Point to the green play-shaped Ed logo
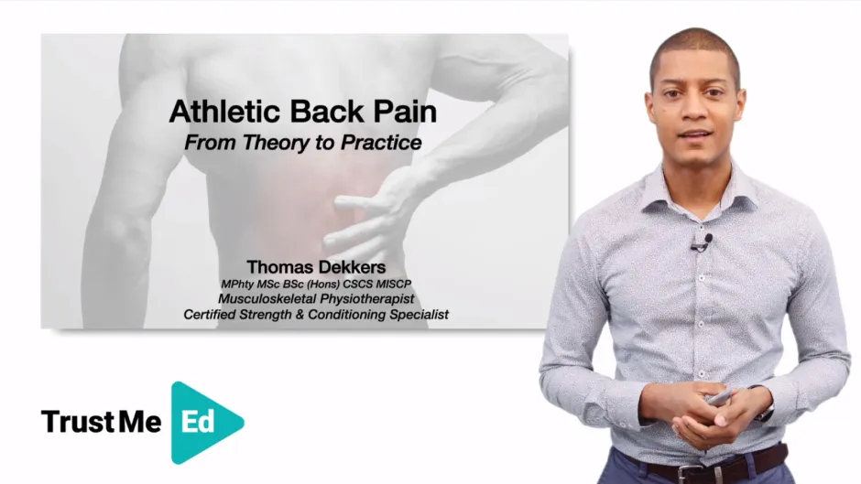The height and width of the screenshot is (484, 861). coord(204,422)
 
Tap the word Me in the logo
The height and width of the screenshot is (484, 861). coord(138,422)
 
